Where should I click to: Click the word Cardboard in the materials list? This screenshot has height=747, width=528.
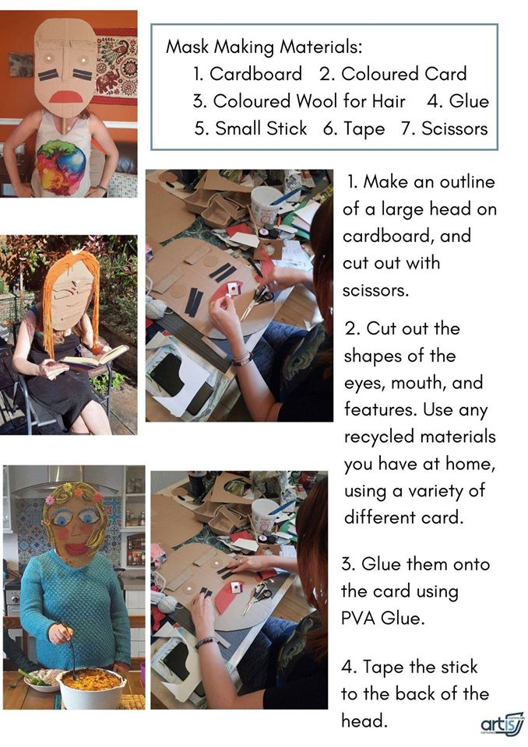click(x=255, y=74)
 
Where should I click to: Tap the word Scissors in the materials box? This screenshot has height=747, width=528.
click(x=455, y=128)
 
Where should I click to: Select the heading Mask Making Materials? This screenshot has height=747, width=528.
click(x=264, y=47)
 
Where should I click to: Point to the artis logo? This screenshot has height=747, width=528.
click(x=502, y=725)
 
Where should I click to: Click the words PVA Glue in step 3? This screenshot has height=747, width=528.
click(x=382, y=619)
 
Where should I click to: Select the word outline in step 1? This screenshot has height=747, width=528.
click(x=467, y=181)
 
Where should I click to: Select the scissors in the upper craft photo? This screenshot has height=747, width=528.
click(x=257, y=302)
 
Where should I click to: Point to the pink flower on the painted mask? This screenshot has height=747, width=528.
click(x=50, y=500)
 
